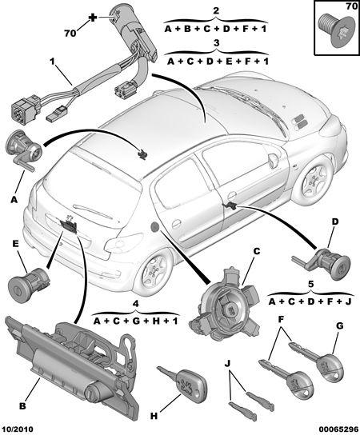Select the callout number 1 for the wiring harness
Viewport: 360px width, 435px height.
tap(53, 61)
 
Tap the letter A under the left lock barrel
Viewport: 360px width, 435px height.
tap(14, 199)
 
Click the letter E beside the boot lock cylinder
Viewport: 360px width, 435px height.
tap(16, 244)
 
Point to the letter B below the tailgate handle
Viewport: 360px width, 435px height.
tap(22, 406)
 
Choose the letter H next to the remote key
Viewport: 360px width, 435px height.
tap(154, 416)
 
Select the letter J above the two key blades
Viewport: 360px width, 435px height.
tap(227, 363)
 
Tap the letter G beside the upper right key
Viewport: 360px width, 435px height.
tap(340, 325)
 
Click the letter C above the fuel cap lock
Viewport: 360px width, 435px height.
tap(257, 251)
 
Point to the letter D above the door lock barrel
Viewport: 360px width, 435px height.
tap(335, 221)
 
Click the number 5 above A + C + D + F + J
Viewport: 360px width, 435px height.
tap(311, 284)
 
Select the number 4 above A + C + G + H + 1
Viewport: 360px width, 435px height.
tap(135, 304)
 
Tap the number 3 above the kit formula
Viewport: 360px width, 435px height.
tap(217, 43)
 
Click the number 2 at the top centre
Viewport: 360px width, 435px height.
tap(216, 11)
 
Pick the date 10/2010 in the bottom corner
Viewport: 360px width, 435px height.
tap(18, 429)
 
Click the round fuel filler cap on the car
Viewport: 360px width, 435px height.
tap(154, 227)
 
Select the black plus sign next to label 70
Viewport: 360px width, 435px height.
tap(93, 18)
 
